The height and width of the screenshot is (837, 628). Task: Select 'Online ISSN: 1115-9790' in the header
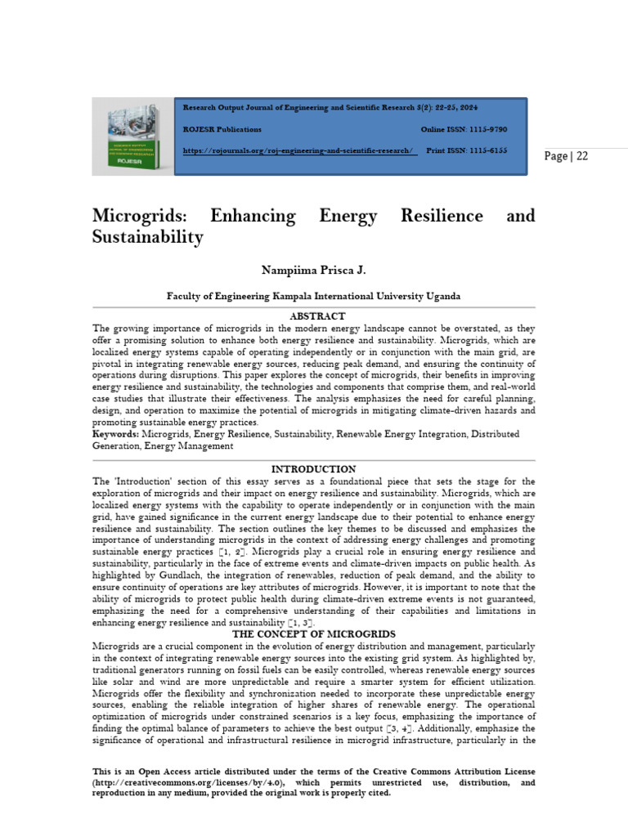pos(464,129)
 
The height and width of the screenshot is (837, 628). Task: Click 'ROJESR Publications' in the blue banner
pos(222,129)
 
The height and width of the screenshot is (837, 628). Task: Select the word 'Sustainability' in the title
pos(147,238)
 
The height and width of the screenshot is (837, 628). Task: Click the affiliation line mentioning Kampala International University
pos(313,296)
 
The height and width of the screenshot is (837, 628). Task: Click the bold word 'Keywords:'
pos(116,434)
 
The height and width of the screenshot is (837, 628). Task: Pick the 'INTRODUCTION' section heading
pos(313,469)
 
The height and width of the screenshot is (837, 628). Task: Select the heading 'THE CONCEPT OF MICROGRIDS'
pos(313,634)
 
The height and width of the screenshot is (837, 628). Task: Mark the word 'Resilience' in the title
pos(442,217)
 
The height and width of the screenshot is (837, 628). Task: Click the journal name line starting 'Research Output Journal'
pos(330,108)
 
